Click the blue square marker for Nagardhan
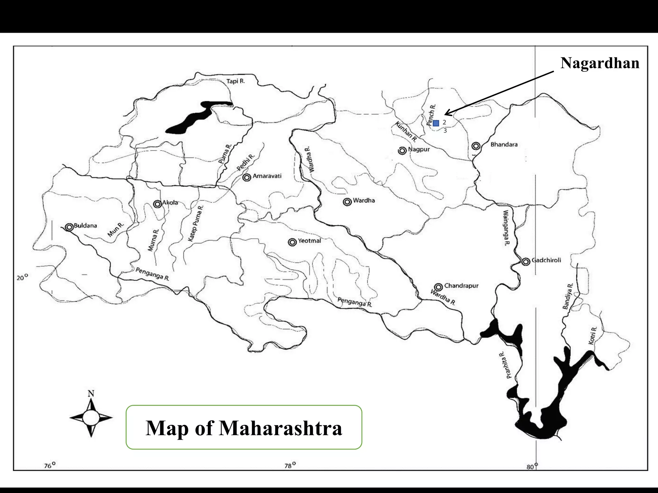coord(436,123)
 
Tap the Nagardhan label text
coord(600,63)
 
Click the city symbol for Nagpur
coord(402,151)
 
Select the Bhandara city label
coord(504,145)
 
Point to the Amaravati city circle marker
coord(247,177)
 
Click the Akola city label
coord(170,203)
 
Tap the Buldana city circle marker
coord(69,227)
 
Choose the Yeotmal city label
coord(309,241)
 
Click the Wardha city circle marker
coord(347,202)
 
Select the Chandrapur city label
coord(461,286)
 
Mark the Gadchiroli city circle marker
coord(526,262)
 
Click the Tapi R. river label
coord(236,81)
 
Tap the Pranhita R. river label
coord(505,365)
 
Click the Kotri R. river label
coord(593,336)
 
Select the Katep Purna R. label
coord(196,223)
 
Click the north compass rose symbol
coord(91,417)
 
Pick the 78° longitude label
coord(290,465)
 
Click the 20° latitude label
coord(22,278)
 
